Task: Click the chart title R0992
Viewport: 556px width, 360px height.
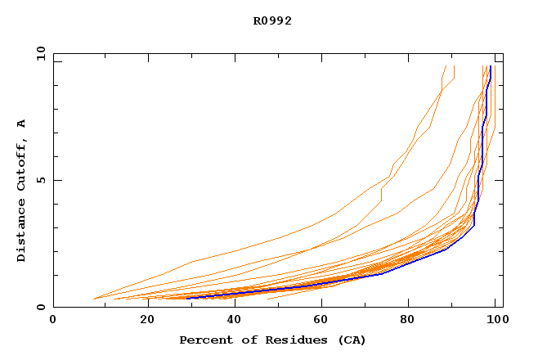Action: coord(272,21)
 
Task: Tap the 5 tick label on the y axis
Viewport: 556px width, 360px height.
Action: coord(41,180)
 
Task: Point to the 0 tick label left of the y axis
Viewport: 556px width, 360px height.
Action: coord(41,307)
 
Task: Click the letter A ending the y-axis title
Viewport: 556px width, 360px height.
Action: coord(21,124)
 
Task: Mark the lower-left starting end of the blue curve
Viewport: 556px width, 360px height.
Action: coord(187,298)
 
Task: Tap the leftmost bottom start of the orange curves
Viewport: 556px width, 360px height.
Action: coord(94,299)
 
